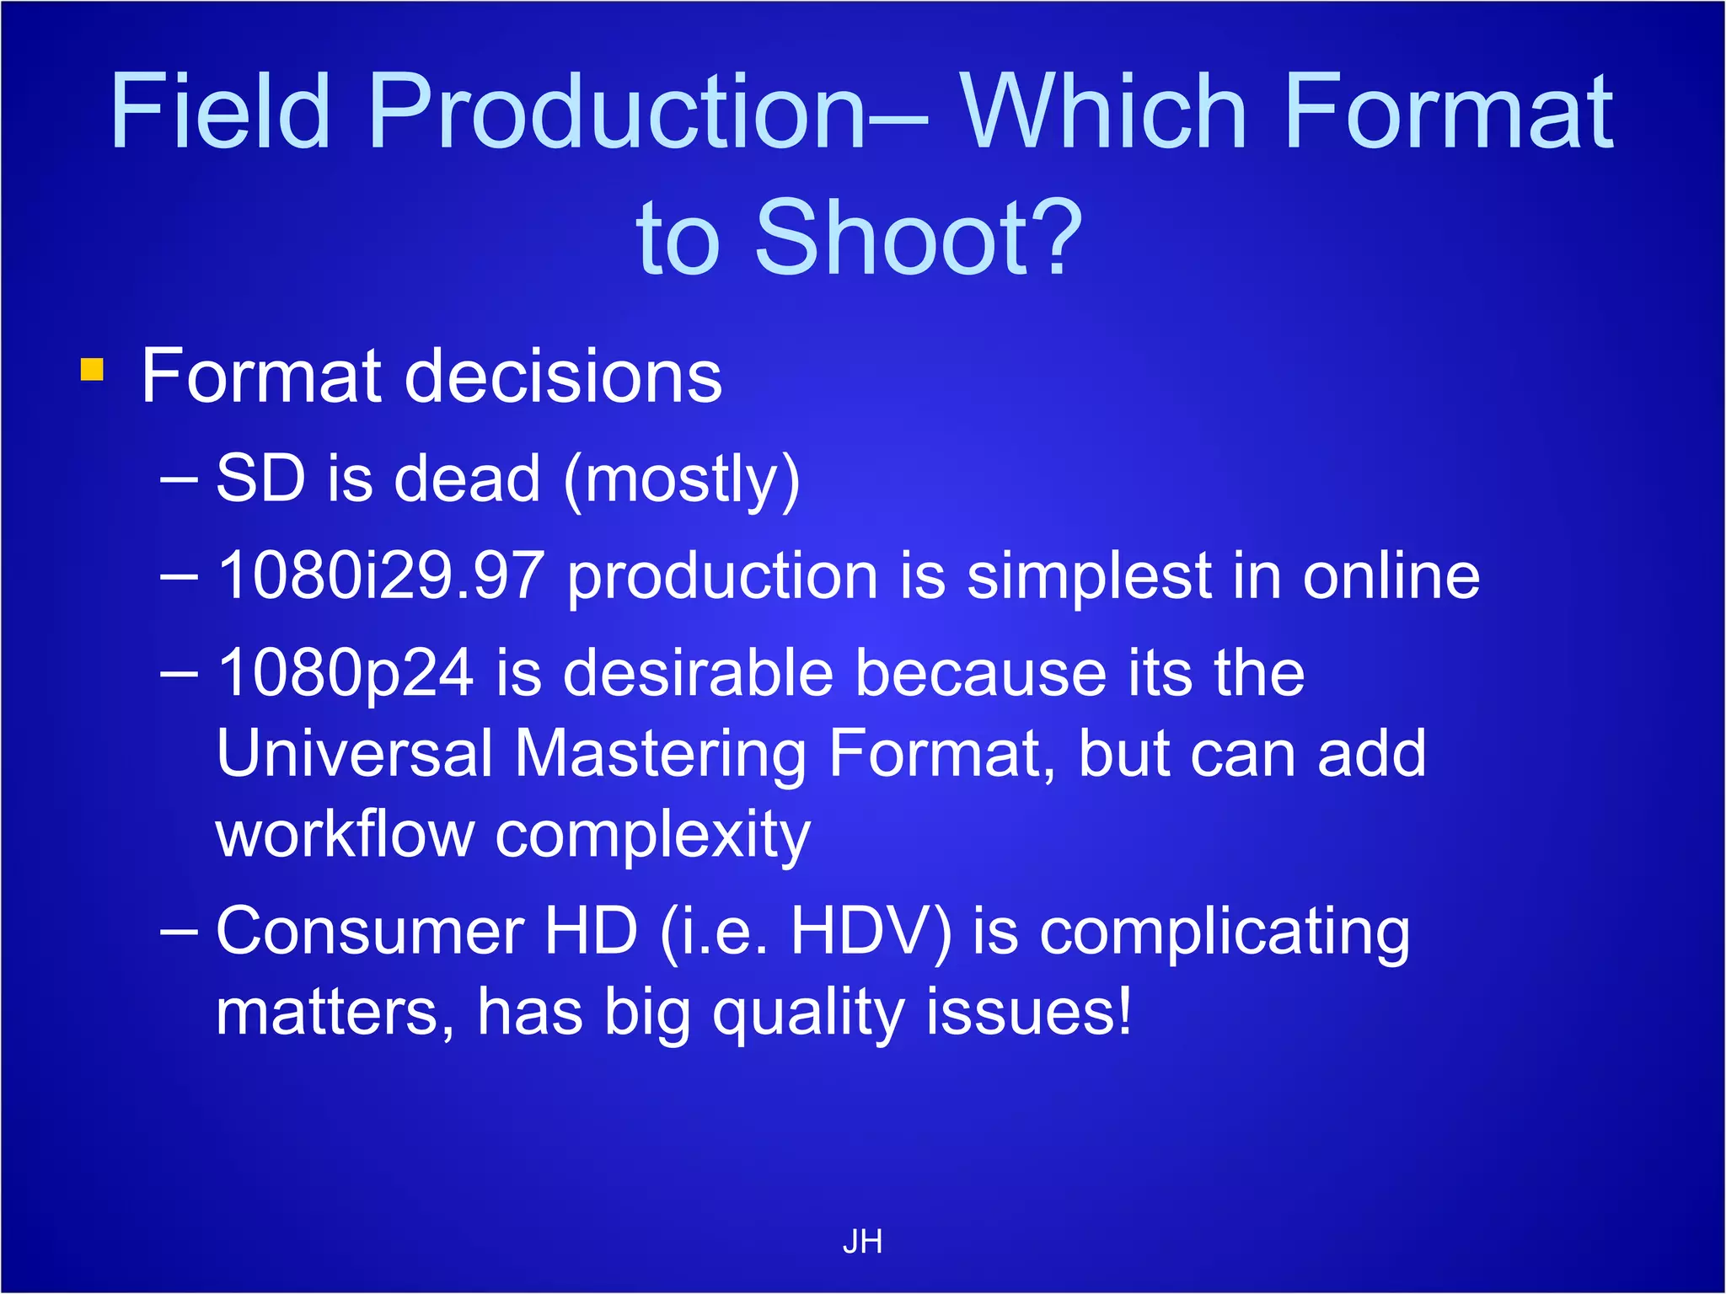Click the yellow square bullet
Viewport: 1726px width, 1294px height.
coord(92,370)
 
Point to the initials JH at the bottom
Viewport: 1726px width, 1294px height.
coord(862,1242)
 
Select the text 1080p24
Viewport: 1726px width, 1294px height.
coord(346,674)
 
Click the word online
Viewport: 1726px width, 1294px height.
coord(1391,576)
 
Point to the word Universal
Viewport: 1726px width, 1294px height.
coord(354,753)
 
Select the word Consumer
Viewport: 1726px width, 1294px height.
coord(371,932)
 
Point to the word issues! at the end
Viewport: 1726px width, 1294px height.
coord(1028,1011)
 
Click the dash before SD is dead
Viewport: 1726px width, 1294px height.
coord(179,480)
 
